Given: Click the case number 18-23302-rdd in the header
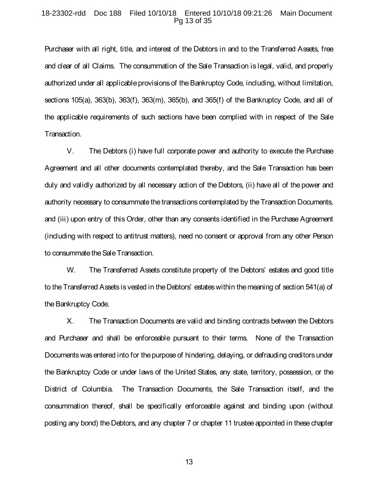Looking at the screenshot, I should (x=63, y=13).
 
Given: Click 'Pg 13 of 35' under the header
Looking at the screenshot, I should (x=189, y=21).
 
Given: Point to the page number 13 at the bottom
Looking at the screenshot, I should (x=189, y=462).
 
